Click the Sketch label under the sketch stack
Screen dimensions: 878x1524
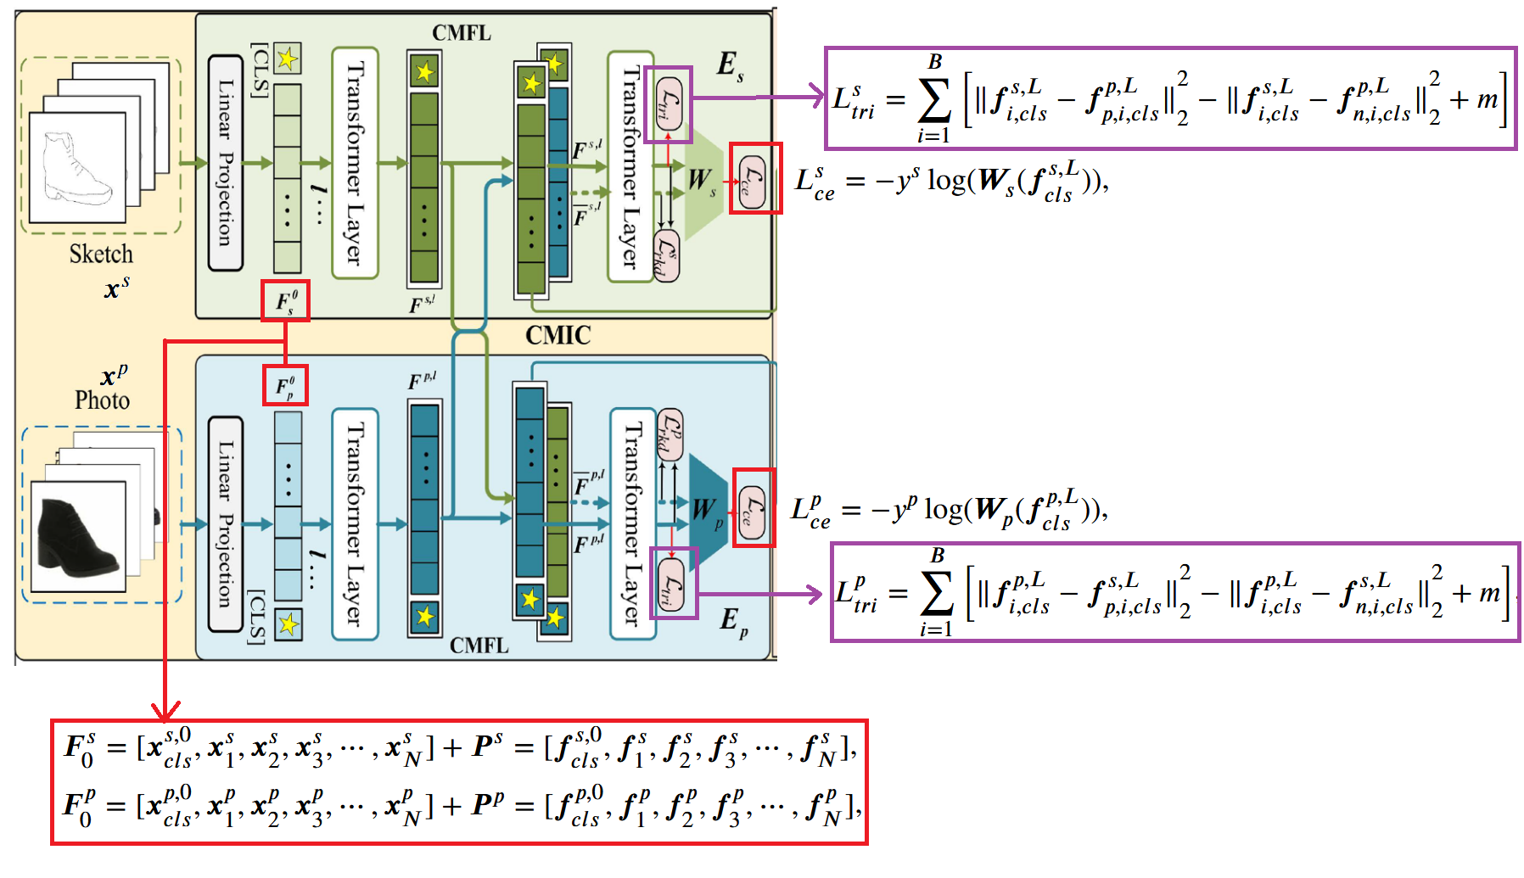(101, 254)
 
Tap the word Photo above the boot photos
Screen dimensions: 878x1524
(102, 400)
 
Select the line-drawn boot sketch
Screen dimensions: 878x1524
(76, 168)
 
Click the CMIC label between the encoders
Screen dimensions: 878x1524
(557, 335)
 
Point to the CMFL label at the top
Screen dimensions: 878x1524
(462, 33)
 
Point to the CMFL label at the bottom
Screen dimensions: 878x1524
(479, 646)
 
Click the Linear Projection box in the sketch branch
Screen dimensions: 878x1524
(226, 163)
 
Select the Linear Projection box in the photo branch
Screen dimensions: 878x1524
(226, 523)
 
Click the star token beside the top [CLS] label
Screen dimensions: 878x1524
(288, 59)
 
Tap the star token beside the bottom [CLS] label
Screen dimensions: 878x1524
(289, 625)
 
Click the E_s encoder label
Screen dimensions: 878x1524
(729, 65)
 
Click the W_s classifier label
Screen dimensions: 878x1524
(702, 181)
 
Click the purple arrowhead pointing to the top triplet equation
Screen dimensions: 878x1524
(818, 97)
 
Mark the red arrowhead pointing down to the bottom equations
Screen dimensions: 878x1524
(165, 710)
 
